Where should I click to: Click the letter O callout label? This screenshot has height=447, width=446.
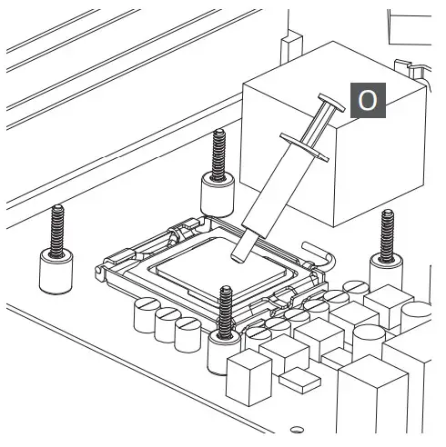(368, 100)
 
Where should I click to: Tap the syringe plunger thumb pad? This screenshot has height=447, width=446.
(331, 103)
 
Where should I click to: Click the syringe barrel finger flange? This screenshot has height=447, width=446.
(304, 146)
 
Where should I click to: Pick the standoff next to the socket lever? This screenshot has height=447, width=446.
(386, 252)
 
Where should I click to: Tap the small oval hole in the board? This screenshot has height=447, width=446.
(297, 430)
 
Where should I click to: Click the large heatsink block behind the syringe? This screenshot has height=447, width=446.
(334, 134)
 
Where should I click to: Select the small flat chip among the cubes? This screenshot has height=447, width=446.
(299, 381)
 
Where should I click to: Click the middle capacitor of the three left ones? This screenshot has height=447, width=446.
(167, 325)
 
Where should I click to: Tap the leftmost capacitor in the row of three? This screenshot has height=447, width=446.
(146, 315)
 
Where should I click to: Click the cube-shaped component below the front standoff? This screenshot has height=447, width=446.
(249, 377)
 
